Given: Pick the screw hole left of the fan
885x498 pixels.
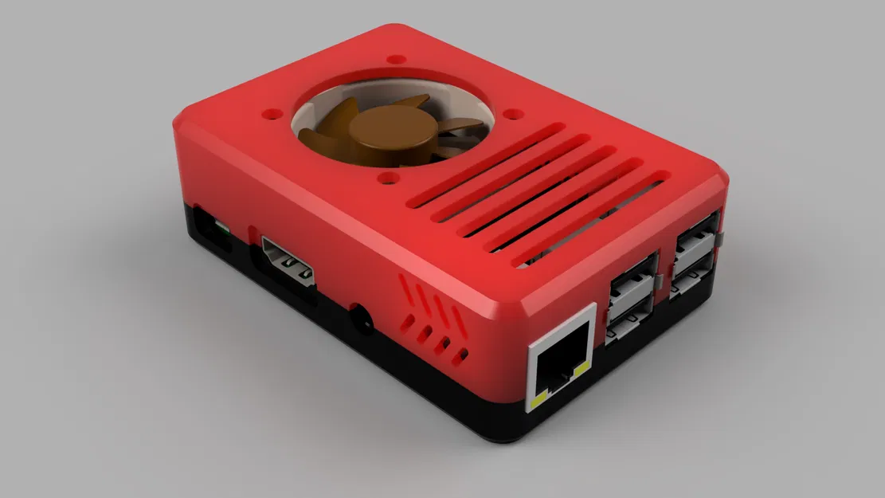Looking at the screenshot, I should (x=273, y=114).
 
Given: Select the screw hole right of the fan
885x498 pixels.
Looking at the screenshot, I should (x=514, y=115).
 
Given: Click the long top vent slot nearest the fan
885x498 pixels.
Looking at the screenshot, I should (x=488, y=159).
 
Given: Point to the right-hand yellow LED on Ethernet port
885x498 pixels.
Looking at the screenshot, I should (x=585, y=368).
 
